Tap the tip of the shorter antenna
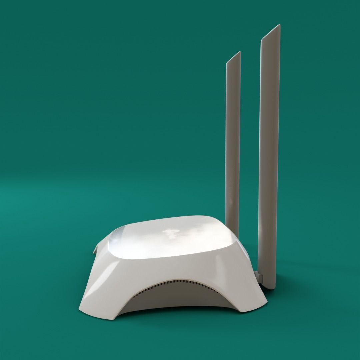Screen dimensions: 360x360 (x=238, y=53)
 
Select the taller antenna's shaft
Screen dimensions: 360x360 (x=269, y=150)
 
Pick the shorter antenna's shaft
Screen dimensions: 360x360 (x=233, y=140)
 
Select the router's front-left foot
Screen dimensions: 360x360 (x=97, y=312)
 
